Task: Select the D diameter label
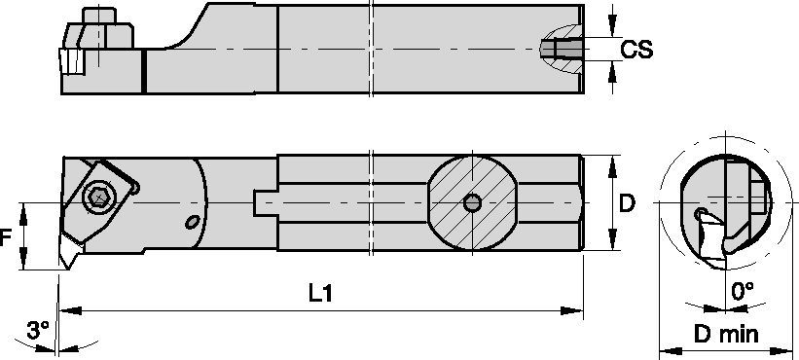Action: point(628,203)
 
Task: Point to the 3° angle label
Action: point(38,331)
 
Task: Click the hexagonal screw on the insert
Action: point(97,198)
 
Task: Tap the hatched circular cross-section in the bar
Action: point(471,202)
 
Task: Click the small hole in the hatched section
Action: point(471,202)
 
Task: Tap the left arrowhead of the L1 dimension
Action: point(71,311)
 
